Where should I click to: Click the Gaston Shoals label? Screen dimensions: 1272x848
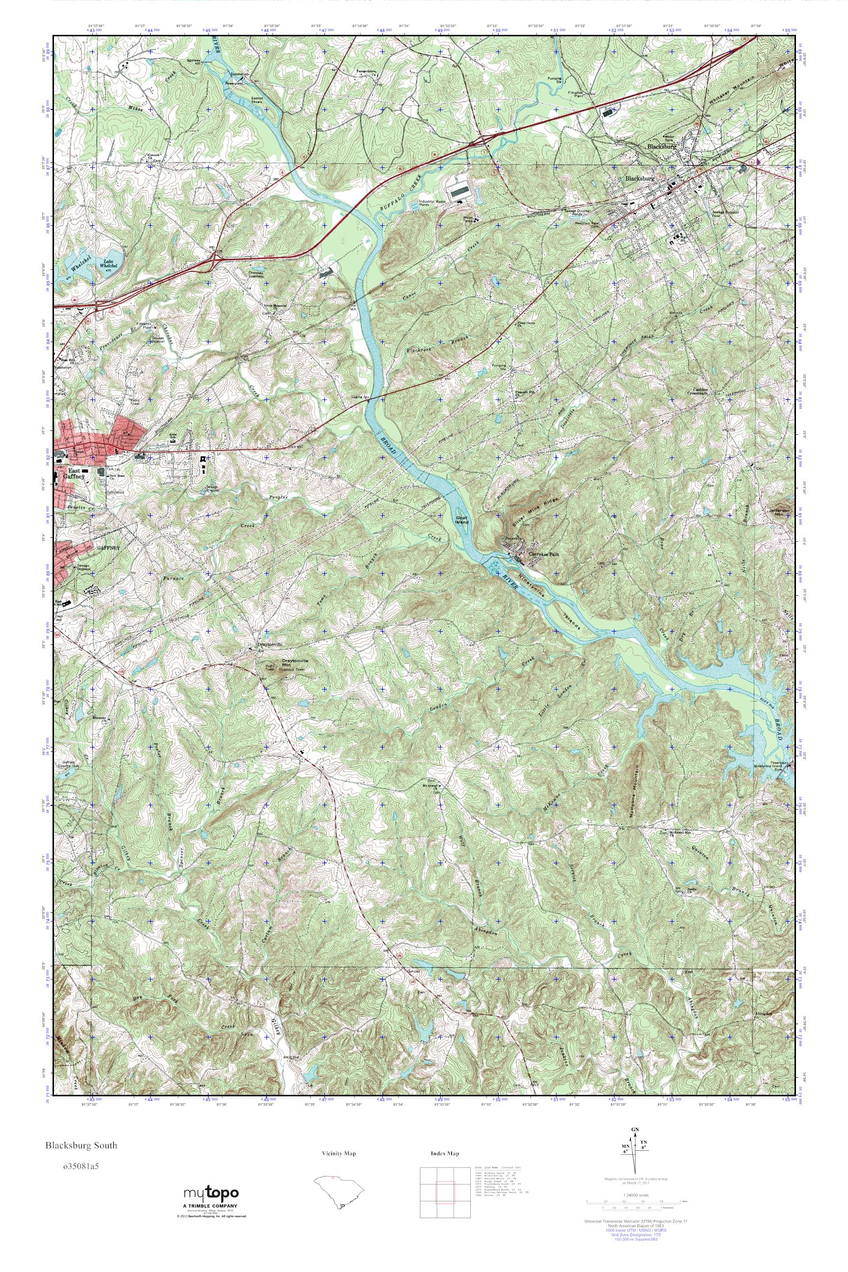[258, 100]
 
